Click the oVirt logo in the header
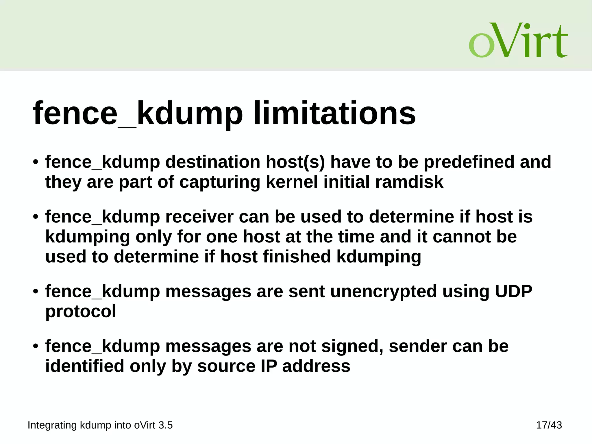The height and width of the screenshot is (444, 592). (x=518, y=40)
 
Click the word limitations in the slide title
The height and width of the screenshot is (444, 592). (x=334, y=113)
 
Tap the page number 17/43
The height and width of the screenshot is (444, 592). (x=549, y=425)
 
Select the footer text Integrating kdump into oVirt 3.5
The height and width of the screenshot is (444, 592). (x=100, y=425)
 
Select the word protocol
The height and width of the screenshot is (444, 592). (x=81, y=311)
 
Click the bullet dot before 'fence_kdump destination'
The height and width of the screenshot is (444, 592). (x=36, y=162)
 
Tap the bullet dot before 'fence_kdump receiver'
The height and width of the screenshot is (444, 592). (x=36, y=217)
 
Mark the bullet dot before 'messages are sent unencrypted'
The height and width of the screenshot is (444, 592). (x=36, y=291)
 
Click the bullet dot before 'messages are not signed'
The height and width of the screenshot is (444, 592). (x=36, y=346)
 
